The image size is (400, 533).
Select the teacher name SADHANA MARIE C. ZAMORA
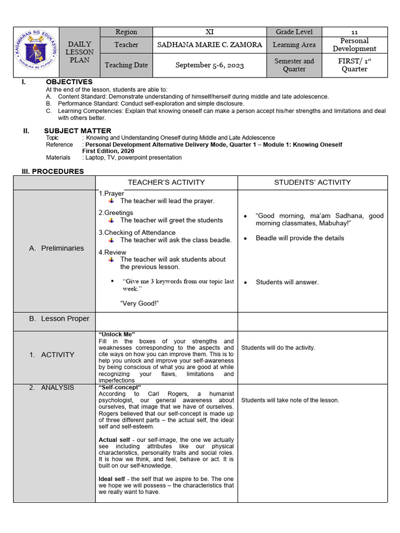tap(209, 45)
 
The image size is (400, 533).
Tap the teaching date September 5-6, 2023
tap(209, 65)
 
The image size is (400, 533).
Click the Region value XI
tap(209, 32)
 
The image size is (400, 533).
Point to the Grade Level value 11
tap(354, 32)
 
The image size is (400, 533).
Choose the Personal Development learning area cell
tap(354, 45)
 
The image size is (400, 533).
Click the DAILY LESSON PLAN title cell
tap(80, 52)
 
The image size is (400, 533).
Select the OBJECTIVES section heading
tap(69, 82)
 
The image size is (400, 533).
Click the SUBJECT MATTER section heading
tap(77, 131)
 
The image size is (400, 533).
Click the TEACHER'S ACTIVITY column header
tap(166, 182)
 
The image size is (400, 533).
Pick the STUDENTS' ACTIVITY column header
tap(312, 182)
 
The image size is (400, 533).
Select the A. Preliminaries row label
tap(56, 248)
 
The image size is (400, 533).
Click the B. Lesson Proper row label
tap(59, 319)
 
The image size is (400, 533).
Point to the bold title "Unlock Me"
tap(117, 334)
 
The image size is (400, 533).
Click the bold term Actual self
tap(114, 440)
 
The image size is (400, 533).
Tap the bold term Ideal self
tap(112, 479)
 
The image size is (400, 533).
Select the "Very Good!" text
tap(139, 303)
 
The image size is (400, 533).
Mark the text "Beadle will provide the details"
tap(299, 238)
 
